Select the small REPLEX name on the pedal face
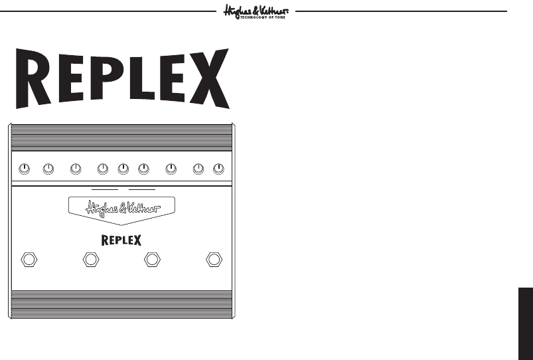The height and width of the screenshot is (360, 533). click(x=121, y=239)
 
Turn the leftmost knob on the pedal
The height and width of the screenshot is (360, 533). click(x=24, y=170)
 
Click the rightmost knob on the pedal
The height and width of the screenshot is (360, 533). click(x=218, y=170)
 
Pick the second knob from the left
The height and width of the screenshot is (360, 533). click(x=48, y=170)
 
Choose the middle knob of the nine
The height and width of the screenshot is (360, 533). click(x=123, y=170)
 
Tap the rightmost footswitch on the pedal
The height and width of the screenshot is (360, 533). click(x=214, y=259)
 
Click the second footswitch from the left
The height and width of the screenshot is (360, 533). click(x=90, y=259)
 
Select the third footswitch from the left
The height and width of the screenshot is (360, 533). click(x=153, y=259)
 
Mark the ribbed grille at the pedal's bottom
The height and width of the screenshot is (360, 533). click(x=121, y=304)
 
